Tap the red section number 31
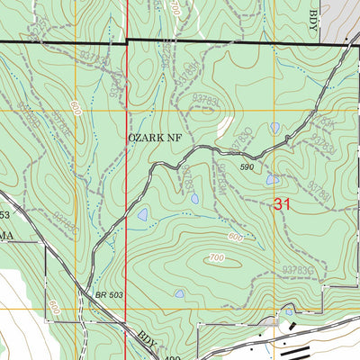click(x=283, y=205)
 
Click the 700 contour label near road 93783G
click(x=215, y=258)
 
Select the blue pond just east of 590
click(x=272, y=180)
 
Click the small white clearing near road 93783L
click(x=228, y=126)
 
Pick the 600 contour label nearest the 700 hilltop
click(x=235, y=237)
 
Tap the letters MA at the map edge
click(x=7, y=231)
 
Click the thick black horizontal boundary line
click(x=180, y=41)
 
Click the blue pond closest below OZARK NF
click(x=142, y=214)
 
